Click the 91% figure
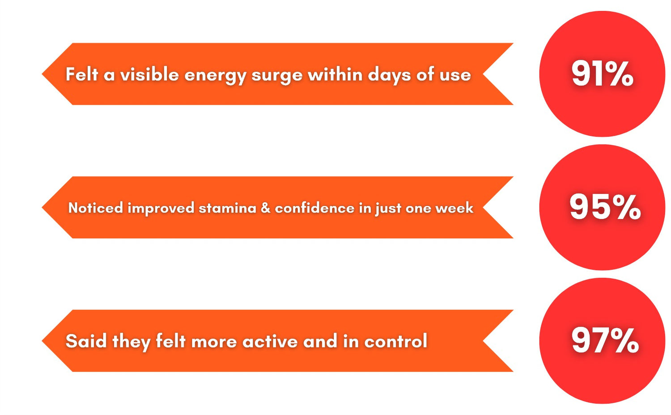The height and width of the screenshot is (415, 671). (603, 74)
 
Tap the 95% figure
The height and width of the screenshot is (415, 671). (605, 207)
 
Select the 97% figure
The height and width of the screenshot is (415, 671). (605, 341)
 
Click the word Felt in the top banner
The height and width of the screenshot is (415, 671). (82, 74)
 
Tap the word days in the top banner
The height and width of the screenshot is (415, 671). (389, 75)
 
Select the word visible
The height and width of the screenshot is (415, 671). (149, 74)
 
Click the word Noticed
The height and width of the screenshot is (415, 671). (96, 208)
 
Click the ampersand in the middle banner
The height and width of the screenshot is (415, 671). (265, 208)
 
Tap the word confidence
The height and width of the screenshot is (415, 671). (314, 208)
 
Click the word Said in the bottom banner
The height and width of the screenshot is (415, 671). (86, 341)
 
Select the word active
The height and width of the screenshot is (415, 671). (270, 341)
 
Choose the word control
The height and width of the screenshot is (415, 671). (395, 341)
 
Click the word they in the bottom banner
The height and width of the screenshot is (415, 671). (131, 342)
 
